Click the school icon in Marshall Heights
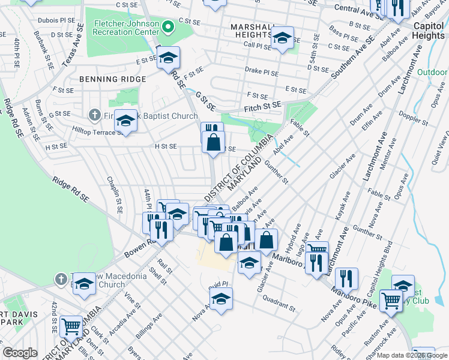[x=282, y=38]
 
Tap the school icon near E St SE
[x=169, y=58]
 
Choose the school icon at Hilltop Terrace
[x=125, y=121]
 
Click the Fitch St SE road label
[x=262, y=106]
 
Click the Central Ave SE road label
[x=358, y=11]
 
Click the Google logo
[x=20, y=353]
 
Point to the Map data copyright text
[x=411, y=355]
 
